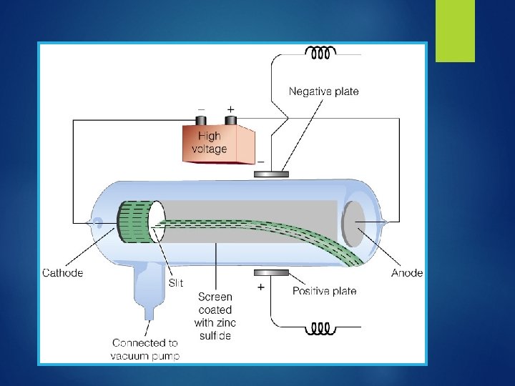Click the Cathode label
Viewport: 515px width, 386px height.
[x=63, y=272]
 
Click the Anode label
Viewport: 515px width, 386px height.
[x=407, y=272]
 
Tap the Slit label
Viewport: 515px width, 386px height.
[x=176, y=283]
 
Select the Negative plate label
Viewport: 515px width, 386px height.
[x=323, y=91]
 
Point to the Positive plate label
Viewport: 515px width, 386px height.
[x=324, y=291]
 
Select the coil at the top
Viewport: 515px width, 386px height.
[x=322, y=53]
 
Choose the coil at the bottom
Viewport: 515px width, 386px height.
[x=322, y=329]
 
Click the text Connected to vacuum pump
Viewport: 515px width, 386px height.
[x=145, y=349]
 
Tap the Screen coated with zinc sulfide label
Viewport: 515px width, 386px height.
[x=215, y=316]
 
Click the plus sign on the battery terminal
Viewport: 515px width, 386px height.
[x=230, y=108]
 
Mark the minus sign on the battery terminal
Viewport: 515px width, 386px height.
[x=201, y=108]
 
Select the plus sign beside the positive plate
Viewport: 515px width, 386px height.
[x=261, y=287]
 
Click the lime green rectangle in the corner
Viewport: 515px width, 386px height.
[x=455, y=30]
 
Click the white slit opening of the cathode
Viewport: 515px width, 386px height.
[x=157, y=222]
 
